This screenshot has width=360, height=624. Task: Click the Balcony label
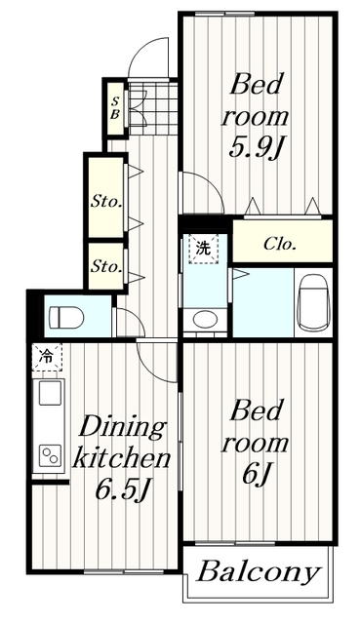pos(259,572)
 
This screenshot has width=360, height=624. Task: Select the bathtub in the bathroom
pos(314,303)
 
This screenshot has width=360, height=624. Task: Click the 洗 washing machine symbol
pos(204,250)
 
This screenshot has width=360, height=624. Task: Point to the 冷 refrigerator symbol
pos(47,357)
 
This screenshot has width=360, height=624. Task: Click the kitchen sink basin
pos(50,393)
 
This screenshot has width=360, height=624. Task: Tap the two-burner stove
pos(50,455)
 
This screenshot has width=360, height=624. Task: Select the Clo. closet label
pos(280,244)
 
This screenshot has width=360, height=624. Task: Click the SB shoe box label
pos(115,108)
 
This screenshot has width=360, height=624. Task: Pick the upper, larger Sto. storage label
pos(106,202)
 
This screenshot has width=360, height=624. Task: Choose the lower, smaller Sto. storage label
pos(106,266)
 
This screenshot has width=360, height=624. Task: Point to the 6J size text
pos(256,475)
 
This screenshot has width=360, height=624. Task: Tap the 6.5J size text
pos(123,490)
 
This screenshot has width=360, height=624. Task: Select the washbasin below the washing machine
pos(203,319)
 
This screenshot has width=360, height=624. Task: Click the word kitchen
pos(121,458)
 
